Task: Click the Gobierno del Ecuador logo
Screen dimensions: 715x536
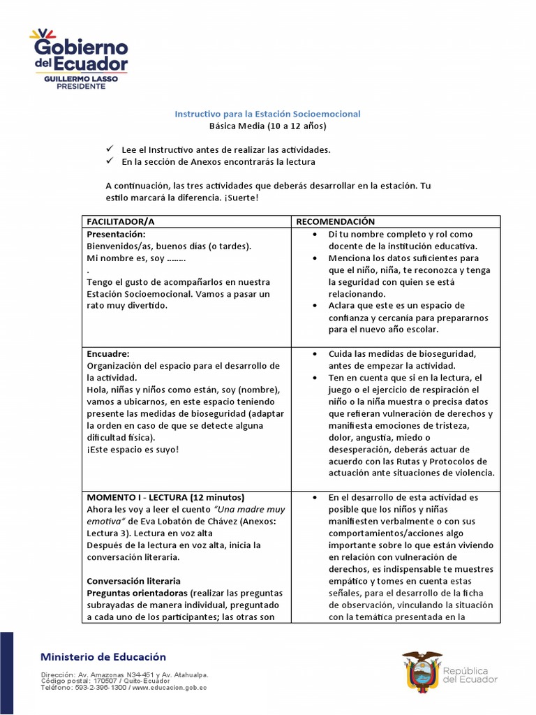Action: point(78,56)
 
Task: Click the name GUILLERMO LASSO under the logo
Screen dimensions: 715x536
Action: point(81,80)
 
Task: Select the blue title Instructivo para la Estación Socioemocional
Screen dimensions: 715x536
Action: point(267,113)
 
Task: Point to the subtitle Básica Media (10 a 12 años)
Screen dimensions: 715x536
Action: point(267,126)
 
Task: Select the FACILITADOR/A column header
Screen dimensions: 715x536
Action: point(120,221)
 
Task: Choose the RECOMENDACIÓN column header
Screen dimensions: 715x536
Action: point(335,221)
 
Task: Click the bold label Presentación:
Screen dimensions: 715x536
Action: point(116,234)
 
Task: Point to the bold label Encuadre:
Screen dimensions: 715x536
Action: point(108,353)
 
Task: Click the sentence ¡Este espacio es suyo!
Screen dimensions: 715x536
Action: point(133,449)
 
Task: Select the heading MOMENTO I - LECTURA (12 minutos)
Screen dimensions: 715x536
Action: point(165,497)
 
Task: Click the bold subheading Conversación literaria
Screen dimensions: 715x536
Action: point(133,581)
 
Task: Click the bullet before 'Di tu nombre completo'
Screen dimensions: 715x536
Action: point(315,235)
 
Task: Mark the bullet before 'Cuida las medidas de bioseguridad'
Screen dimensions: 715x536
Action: point(315,354)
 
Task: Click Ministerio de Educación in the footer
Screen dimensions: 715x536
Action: point(103,656)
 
